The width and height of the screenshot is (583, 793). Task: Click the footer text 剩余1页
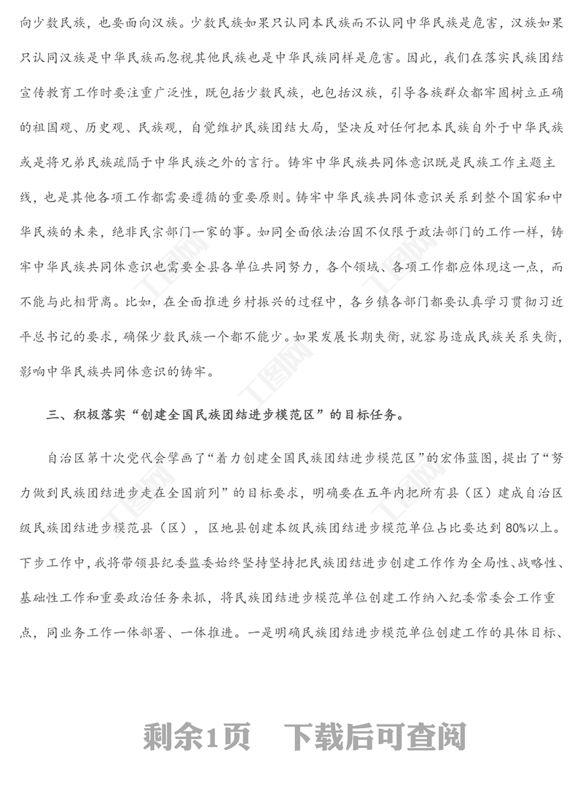tap(197, 738)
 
